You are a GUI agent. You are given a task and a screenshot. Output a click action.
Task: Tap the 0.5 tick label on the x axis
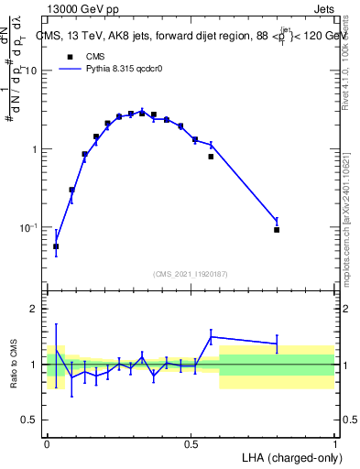click(191, 443)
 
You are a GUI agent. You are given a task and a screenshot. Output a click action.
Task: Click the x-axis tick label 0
click(47, 443)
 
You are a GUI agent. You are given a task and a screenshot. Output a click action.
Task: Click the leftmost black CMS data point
click(56, 246)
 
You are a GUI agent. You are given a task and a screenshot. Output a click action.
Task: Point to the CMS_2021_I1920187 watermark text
click(191, 273)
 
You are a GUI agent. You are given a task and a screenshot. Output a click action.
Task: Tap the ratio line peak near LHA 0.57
click(212, 336)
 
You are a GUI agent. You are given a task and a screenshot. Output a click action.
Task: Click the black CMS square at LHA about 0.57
click(211, 157)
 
